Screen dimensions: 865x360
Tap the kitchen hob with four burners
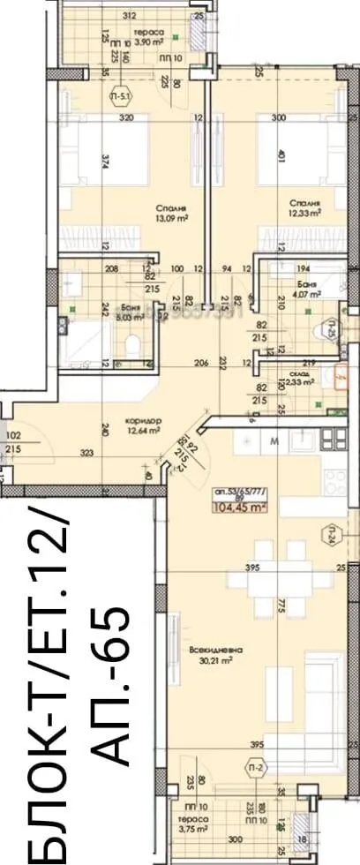click(x=335, y=439)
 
